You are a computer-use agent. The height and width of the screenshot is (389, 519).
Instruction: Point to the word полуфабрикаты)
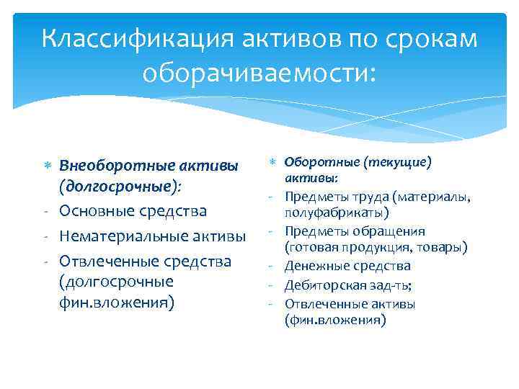[336, 213]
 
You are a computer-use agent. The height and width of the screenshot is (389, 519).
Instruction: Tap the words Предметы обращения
[355, 231]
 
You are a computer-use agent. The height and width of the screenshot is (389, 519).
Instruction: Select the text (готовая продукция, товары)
[376, 248]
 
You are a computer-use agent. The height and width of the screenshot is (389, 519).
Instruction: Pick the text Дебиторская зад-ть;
[347, 285]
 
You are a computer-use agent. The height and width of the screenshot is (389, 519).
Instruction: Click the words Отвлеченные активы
[350, 303]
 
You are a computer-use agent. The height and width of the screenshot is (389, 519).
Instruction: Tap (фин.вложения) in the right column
[334, 320]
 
